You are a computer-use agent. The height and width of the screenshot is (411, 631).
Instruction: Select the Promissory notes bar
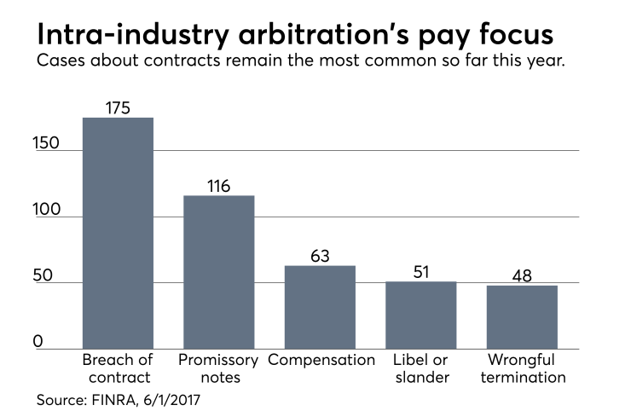218,272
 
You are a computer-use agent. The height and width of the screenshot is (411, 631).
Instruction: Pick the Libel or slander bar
420,315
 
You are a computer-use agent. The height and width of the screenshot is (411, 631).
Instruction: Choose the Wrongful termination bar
522,317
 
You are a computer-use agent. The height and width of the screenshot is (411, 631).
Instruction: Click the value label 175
118,107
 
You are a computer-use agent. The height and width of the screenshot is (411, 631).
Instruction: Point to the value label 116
218,186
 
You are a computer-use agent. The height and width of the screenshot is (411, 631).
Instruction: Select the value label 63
320,256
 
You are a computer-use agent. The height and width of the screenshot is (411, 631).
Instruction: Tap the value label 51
420,272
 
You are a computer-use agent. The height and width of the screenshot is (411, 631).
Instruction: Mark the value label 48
522,276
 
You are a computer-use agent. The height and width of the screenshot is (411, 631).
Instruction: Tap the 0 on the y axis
38,341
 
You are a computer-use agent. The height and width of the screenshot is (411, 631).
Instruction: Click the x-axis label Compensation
321,360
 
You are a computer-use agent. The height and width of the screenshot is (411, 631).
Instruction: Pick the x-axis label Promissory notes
218,368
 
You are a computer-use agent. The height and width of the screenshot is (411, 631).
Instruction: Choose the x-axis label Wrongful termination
522,368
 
